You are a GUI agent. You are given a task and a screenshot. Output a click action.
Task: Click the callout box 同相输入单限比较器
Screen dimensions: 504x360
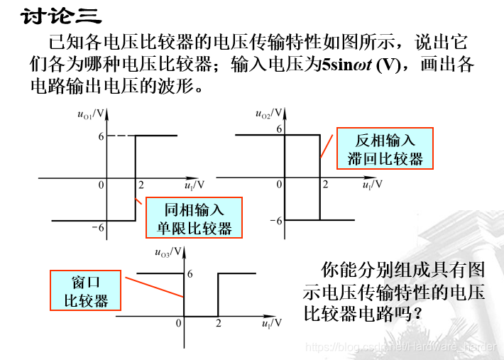[x=194, y=218]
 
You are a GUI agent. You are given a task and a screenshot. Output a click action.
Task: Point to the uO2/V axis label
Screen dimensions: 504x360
[x=269, y=114]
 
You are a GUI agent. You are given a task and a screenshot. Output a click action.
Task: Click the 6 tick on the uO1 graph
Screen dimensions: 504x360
[x=102, y=135]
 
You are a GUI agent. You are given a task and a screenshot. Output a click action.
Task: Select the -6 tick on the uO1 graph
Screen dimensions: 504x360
[x=97, y=227]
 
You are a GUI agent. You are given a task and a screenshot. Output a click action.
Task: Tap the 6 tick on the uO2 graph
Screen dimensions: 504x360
[x=279, y=129]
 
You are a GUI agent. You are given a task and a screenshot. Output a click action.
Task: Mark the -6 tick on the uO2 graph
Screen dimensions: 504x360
[x=275, y=221]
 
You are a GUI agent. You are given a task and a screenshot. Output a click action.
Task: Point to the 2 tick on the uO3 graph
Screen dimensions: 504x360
[x=218, y=323]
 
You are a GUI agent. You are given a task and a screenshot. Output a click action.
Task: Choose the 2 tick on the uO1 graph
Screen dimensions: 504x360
[x=141, y=185]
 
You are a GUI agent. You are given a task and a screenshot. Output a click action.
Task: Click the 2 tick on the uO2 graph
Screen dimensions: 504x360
[x=325, y=185]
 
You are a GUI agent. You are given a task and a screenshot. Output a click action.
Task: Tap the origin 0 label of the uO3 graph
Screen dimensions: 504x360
[x=179, y=323]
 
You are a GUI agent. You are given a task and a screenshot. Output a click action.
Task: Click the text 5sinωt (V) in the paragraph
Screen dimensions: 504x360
[x=361, y=65]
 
